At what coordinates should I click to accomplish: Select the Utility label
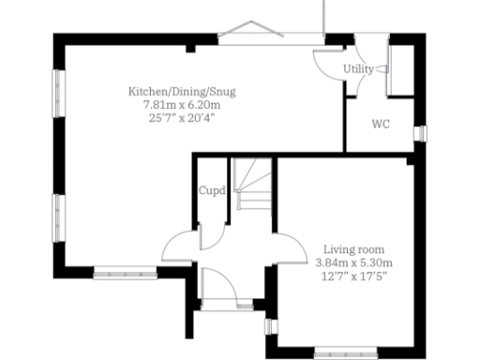click(x=357, y=69)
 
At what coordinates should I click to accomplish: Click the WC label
click(x=381, y=124)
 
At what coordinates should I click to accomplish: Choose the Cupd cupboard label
click(x=212, y=191)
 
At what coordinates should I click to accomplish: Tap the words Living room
click(x=354, y=249)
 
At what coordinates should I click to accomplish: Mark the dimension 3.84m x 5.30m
click(x=354, y=262)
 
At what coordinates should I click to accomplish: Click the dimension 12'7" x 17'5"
click(x=354, y=276)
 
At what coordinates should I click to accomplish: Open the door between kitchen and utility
click(x=328, y=62)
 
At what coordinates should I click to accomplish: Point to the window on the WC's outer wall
click(x=419, y=132)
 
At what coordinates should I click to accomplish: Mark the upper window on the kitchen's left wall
click(x=57, y=95)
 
